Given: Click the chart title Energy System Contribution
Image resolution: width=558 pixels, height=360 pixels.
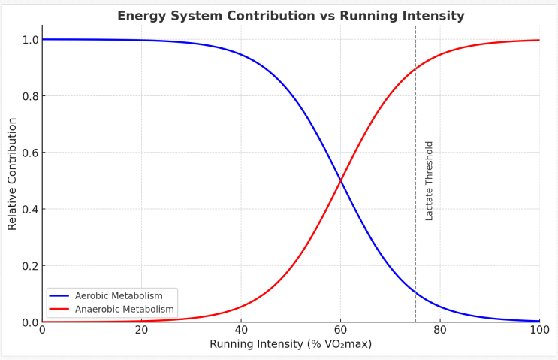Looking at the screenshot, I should click(x=291, y=16).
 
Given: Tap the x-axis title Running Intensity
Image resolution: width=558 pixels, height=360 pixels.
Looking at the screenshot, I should click(x=291, y=344).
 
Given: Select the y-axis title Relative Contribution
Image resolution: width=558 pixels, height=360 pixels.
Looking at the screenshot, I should click(x=13, y=174).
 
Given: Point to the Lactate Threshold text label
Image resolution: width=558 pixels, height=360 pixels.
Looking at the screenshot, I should click(x=430, y=180).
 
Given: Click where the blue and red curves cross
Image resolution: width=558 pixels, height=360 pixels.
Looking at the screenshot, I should click(x=341, y=180).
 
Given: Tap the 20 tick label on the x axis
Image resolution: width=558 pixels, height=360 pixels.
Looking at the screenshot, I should click(x=141, y=330).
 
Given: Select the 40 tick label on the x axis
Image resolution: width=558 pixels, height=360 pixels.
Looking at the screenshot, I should click(x=241, y=330).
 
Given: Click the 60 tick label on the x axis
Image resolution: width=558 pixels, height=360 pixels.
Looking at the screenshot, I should click(x=340, y=330).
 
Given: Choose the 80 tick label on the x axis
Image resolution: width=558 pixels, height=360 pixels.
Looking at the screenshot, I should click(x=440, y=330).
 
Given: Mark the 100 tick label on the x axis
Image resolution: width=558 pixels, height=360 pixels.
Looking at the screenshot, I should click(x=539, y=330).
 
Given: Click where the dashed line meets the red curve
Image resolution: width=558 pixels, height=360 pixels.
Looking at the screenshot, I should click(x=415, y=69).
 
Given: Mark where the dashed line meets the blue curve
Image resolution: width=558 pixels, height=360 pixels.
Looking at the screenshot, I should click(x=415, y=292).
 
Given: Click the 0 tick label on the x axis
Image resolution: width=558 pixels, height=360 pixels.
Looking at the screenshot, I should click(x=42, y=330).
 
